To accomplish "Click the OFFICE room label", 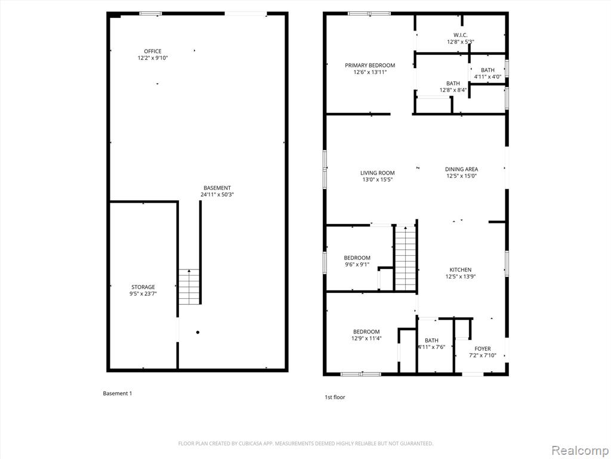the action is point(152,51).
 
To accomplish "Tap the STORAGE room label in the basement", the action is point(143,287).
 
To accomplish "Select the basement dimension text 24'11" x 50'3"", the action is point(217,194).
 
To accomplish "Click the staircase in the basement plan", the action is point(189,287).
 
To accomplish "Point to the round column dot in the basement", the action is point(198,332).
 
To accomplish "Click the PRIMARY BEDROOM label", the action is point(370,65).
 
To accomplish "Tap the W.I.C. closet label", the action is point(460,35).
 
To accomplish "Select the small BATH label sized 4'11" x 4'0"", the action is point(487,71).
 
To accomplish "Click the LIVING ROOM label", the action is point(377,173).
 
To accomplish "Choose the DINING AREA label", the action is point(461,169).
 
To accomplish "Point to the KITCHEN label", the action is point(461,270).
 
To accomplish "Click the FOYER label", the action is point(482,348).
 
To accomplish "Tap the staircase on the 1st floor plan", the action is point(406,258).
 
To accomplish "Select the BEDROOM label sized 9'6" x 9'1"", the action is point(357,258).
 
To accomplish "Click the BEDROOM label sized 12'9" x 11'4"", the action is point(366,332).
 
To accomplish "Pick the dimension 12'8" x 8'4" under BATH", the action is point(453,90).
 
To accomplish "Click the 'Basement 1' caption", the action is point(118,393).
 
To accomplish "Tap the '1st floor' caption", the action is point(335,397).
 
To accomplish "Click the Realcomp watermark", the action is point(579,451).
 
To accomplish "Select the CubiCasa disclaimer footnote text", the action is point(305,443).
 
